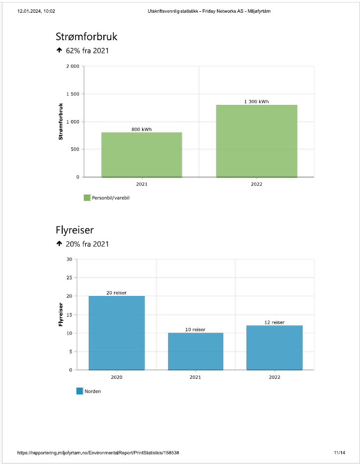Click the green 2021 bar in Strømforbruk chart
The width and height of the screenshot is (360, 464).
(142, 154)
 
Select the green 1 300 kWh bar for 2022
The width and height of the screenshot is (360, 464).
(256, 141)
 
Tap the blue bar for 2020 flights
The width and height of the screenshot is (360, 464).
(117, 333)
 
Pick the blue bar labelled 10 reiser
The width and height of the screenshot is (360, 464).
(195, 351)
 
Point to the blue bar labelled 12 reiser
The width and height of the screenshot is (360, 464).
(274, 347)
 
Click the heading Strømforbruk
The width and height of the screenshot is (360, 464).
(87, 37)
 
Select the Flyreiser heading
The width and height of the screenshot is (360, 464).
(75, 230)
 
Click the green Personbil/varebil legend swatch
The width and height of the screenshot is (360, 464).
(87, 198)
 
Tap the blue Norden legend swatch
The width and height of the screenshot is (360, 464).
(80, 391)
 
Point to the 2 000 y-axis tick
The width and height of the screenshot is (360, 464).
(72, 66)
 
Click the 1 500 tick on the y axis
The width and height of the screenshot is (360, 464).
(72, 94)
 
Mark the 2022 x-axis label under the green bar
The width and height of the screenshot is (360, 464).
(256, 184)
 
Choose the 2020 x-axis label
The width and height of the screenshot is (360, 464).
(117, 377)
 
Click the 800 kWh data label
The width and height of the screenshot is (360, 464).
(142, 129)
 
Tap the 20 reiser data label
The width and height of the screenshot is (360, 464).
(117, 293)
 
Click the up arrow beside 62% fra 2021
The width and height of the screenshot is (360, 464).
(59, 50)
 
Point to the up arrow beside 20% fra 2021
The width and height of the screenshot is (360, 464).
(59, 244)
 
